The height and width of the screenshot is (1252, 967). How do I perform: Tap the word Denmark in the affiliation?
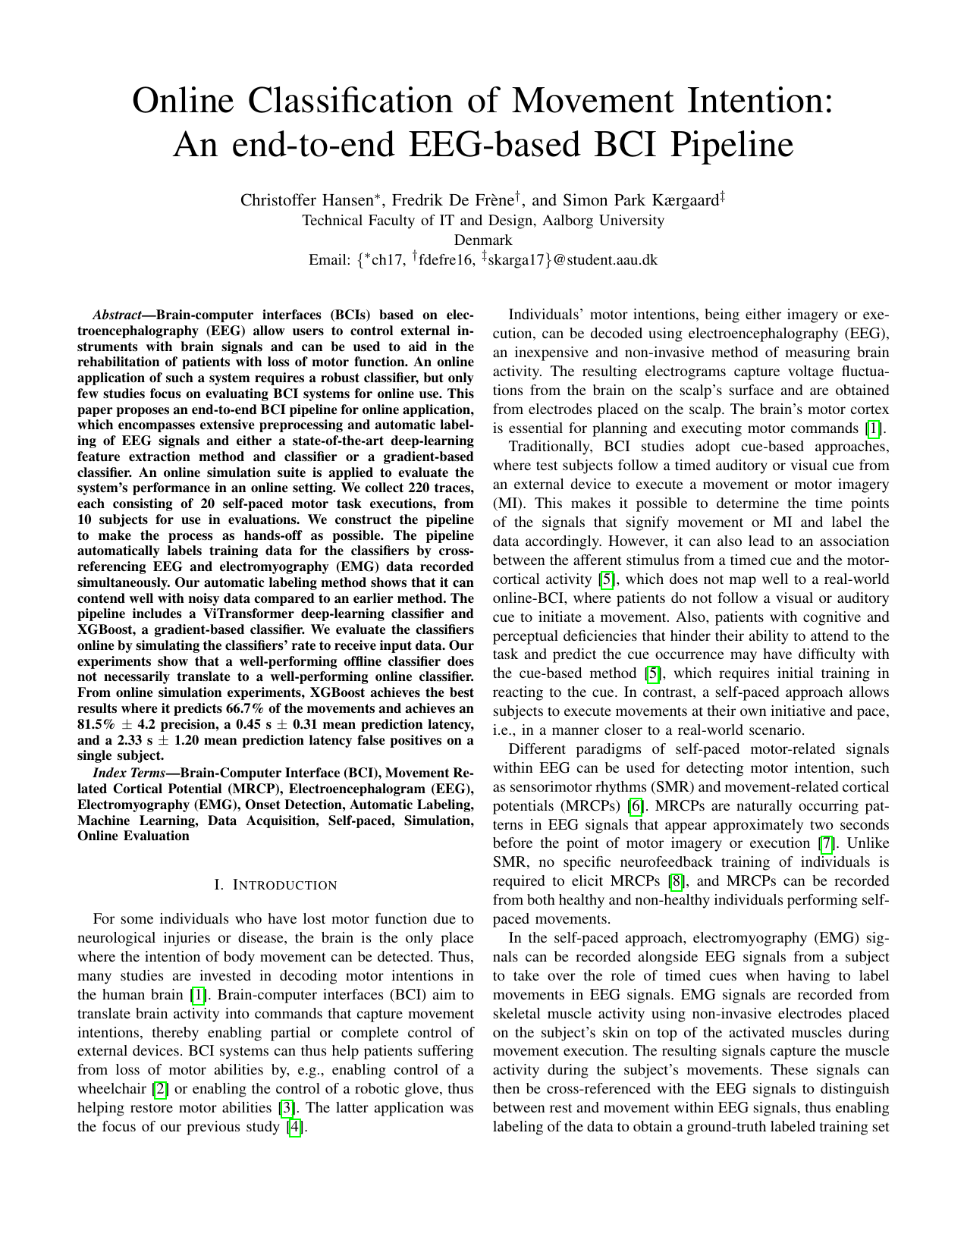[482, 240]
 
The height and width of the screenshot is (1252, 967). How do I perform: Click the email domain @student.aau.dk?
[601, 260]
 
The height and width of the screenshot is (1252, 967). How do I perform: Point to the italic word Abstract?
[118, 315]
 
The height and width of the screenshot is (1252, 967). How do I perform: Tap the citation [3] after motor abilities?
[287, 1108]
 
